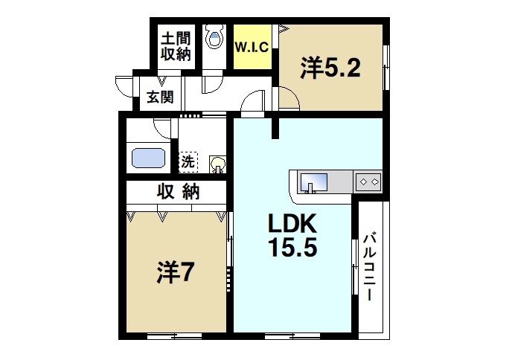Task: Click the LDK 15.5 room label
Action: click(292, 236)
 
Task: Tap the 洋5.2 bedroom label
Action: click(330, 68)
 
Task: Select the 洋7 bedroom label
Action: click(176, 273)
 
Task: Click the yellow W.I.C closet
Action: click(252, 47)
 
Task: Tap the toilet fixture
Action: click(216, 37)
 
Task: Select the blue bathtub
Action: click(149, 158)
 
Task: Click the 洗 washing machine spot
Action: click(188, 160)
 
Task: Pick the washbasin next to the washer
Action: click(218, 164)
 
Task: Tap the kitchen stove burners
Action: click(370, 181)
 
